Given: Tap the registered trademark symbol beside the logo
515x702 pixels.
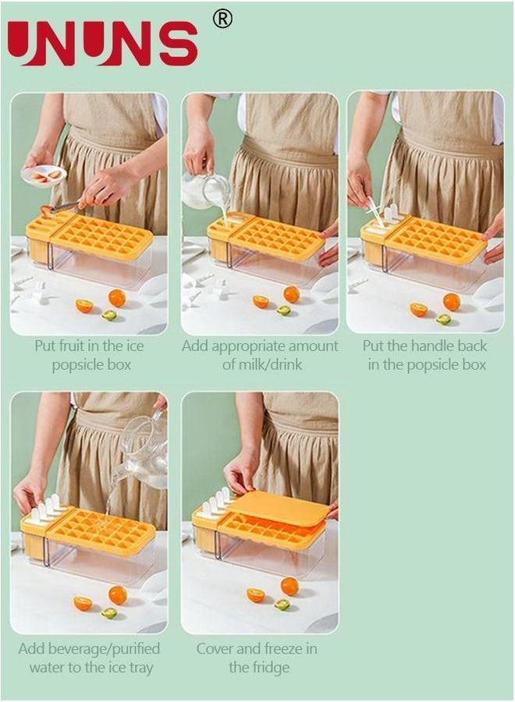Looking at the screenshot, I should click(x=222, y=19).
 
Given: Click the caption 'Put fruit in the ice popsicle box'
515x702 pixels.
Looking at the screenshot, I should click(x=89, y=355).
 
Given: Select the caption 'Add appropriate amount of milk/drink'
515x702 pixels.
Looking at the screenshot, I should click(x=260, y=355).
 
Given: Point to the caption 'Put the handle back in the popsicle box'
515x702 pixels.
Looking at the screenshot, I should click(x=426, y=355).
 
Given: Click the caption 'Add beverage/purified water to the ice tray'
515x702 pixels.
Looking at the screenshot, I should click(x=89, y=658).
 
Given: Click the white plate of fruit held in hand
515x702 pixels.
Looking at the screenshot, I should click(x=44, y=176).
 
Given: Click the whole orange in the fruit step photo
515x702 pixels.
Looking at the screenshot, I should click(x=117, y=297).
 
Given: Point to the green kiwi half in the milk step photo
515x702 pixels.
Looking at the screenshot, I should click(x=283, y=310).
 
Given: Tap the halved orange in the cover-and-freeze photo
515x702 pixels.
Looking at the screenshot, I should click(x=256, y=595).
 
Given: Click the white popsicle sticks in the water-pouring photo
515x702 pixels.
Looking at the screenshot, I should click(x=45, y=508).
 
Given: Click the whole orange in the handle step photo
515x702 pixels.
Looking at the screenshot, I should click(x=451, y=302).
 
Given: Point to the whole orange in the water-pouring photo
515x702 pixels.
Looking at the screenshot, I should click(x=118, y=595).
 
